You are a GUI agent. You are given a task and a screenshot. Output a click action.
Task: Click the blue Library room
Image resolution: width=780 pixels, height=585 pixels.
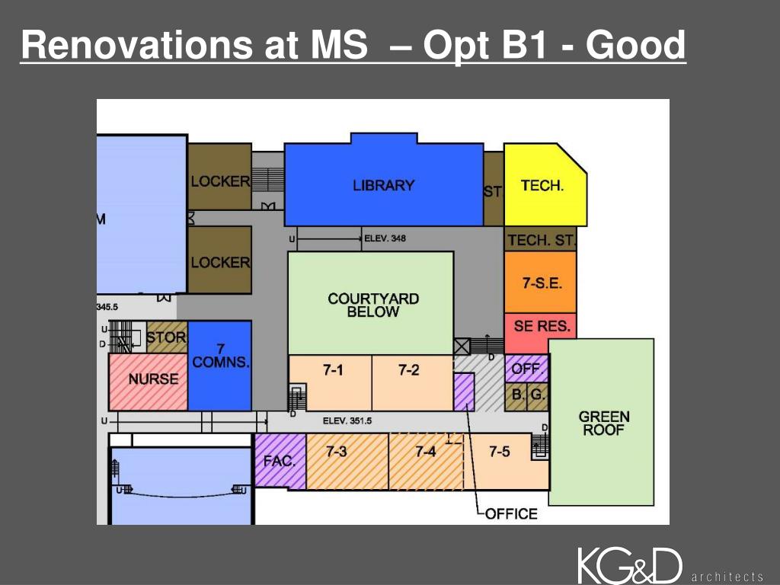pyautogui.click(x=383, y=185)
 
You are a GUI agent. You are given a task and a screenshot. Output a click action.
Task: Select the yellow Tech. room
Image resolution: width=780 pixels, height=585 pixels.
pyautogui.click(x=542, y=185)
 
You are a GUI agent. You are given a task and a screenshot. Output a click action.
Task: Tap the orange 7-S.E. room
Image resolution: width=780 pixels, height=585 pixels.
pyautogui.click(x=541, y=283)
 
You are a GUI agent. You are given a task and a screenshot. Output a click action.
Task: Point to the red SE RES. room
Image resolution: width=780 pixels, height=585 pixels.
pyautogui.click(x=541, y=326)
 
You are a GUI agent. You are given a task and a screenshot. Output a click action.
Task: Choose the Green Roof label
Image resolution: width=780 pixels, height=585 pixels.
pyautogui.click(x=604, y=423)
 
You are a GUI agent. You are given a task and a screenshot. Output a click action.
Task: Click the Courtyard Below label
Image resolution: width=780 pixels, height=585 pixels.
pyautogui.click(x=373, y=305)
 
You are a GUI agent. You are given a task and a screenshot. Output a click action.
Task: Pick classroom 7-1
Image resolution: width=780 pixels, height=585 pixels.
pyautogui.click(x=333, y=371)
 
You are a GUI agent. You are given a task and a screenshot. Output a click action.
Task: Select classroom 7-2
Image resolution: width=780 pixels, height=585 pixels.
pyautogui.click(x=409, y=371)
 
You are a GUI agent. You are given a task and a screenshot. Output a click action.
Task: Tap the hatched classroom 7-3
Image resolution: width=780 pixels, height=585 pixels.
pyautogui.click(x=337, y=452)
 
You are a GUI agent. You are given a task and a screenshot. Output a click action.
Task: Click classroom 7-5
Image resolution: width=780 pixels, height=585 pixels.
pyautogui.click(x=500, y=452)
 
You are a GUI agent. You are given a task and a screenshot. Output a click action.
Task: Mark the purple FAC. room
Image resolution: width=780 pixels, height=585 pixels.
pyautogui.click(x=280, y=461)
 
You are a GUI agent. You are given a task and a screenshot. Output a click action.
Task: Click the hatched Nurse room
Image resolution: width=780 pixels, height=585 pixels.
pyautogui.click(x=152, y=379)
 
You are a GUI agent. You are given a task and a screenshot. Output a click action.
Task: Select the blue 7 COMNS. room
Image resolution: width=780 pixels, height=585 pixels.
pyautogui.click(x=220, y=358)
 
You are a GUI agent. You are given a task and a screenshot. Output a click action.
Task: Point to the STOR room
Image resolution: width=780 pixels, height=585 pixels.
pyautogui.click(x=166, y=337)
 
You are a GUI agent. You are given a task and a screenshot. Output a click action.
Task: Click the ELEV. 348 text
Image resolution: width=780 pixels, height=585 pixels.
pyautogui.click(x=385, y=238)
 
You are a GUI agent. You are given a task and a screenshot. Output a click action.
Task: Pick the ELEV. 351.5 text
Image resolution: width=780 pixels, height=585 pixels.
pyautogui.click(x=347, y=420)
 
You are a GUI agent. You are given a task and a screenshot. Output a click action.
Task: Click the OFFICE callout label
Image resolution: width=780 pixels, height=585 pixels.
pyautogui.click(x=511, y=514)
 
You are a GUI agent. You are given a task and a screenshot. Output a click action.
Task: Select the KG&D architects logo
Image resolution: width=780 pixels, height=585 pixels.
pyautogui.click(x=669, y=567)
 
